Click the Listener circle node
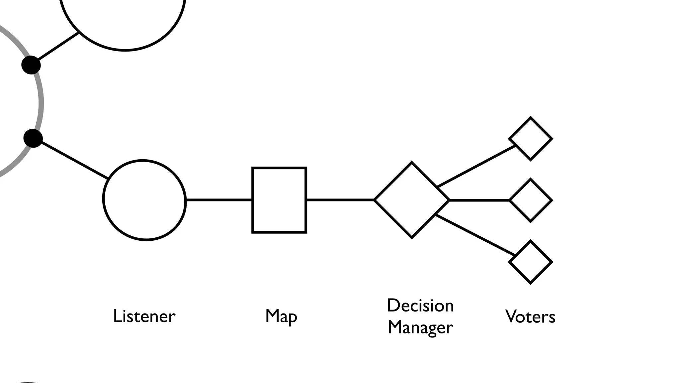click(x=144, y=200)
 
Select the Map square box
click(x=279, y=200)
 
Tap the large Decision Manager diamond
click(x=412, y=200)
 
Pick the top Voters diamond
click(x=530, y=139)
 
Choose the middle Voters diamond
click(x=531, y=200)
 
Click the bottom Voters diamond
click(x=530, y=262)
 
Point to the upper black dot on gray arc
click(x=31, y=65)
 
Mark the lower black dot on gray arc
click(x=33, y=138)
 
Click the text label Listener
click(x=144, y=316)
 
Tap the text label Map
click(x=281, y=316)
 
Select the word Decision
click(x=420, y=306)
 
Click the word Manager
click(x=420, y=327)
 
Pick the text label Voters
click(x=530, y=317)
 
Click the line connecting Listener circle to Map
click(x=219, y=200)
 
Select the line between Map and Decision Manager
click(x=340, y=200)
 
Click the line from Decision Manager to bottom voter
click(x=475, y=235)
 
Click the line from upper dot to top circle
click(x=58, y=47)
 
